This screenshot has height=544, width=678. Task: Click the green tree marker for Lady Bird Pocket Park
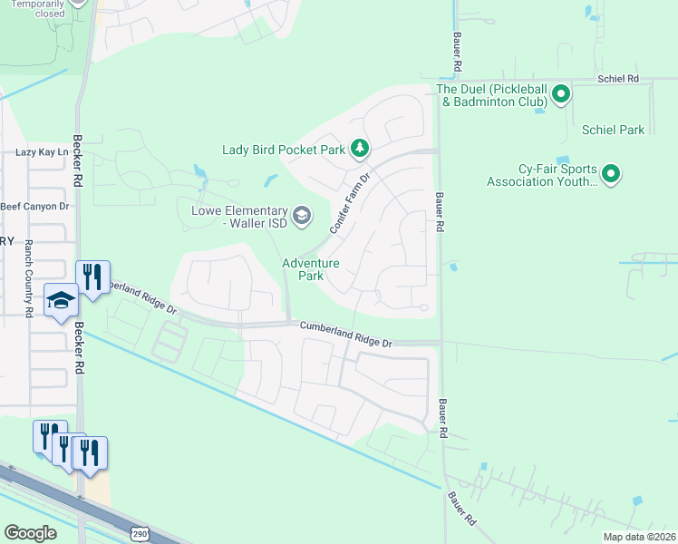(x=361, y=148)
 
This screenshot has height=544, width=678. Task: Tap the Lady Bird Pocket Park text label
(x=284, y=149)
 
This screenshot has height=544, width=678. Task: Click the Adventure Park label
(x=310, y=269)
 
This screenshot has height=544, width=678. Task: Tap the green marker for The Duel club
(x=561, y=92)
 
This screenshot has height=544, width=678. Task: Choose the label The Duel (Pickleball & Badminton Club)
(x=490, y=95)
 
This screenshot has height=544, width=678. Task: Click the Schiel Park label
(x=614, y=130)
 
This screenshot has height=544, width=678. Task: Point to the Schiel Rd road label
(x=618, y=80)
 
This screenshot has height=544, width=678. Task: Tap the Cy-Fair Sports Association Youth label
(x=542, y=175)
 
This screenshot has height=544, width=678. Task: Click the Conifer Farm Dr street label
(x=351, y=203)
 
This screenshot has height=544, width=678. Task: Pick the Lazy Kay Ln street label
(x=42, y=152)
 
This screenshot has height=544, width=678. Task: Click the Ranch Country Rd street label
(x=28, y=278)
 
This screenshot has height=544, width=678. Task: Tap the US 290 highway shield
(x=140, y=534)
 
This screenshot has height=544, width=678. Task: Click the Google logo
(x=30, y=533)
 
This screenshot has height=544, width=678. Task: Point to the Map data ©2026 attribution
(x=639, y=537)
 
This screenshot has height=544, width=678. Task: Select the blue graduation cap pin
(x=61, y=301)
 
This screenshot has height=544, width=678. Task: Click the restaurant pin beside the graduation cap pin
(x=92, y=277)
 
